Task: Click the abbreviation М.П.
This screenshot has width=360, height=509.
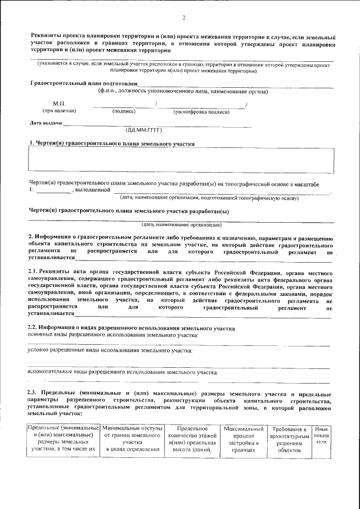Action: (x=60, y=104)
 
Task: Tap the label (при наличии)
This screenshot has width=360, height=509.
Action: (x=60, y=111)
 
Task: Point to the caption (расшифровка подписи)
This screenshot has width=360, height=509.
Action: (x=196, y=111)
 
